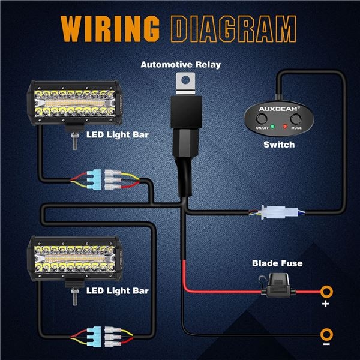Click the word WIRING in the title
112,29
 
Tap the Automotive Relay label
180,64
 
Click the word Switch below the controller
279,145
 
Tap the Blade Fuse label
277,263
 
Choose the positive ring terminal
327,292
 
